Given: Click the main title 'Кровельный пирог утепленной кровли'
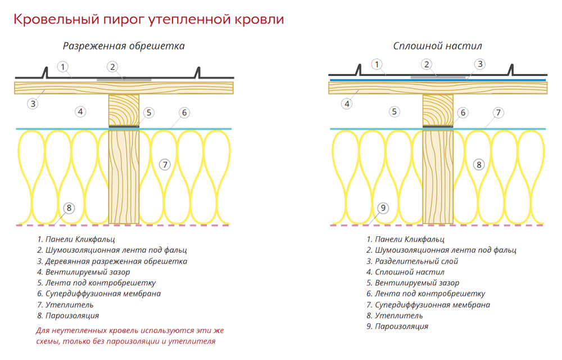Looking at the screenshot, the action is point(148,19).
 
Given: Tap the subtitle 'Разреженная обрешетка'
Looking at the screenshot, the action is point(124,46).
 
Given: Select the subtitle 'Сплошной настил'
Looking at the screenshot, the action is point(437,46).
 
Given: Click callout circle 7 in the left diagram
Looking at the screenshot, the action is point(165,165).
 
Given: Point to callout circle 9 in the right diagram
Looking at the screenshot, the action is point(383,208).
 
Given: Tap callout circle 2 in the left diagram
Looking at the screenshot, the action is point(112,67).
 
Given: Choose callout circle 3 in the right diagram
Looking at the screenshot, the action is point(480,64).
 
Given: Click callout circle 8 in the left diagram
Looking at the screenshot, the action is point(69,208).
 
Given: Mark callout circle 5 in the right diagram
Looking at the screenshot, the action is point(395,111).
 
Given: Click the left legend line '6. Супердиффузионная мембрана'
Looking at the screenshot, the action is point(99,294).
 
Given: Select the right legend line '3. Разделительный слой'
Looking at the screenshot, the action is point(412,261).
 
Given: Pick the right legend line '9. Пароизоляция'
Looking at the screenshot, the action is point(397,326).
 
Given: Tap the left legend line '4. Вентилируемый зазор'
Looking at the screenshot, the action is point(84,272).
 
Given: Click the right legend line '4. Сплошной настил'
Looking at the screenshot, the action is point(405,272).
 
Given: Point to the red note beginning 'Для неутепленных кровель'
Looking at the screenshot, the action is point(130,336).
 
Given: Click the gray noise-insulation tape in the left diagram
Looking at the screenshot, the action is point(124,80).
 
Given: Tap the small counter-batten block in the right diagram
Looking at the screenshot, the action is point(438,110).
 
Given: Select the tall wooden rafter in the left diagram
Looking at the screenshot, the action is point(124,177).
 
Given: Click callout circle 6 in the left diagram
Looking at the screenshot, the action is point(184,112).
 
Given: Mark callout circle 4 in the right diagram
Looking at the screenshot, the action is point(347,104).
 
